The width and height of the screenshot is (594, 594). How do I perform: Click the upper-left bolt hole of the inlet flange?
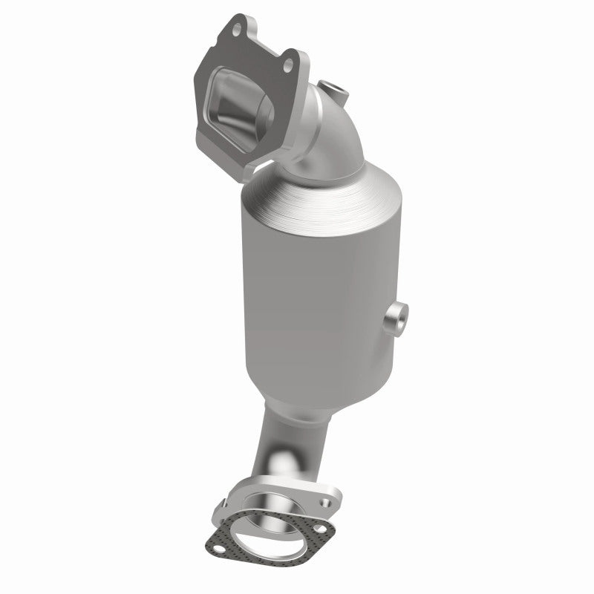pyautogui.click(x=237, y=30)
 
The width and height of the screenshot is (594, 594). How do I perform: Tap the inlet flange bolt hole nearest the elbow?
pyautogui.click(x=287, y=67)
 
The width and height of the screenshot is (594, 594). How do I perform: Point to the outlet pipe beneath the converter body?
pyautogui.click(x=271, y=446)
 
